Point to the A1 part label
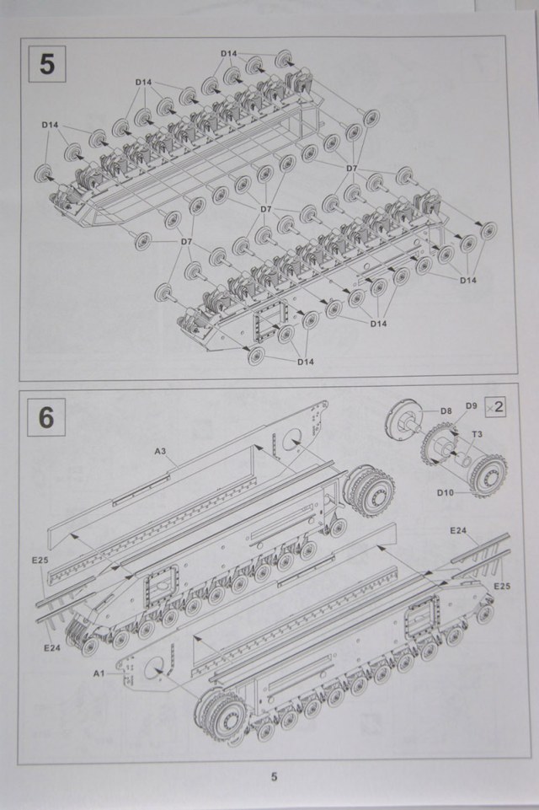(x=98, y=674)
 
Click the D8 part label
(x=446, y=411)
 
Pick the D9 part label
(x=471, y=406)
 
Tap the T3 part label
(x=476, y=435)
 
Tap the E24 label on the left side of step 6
(x=51, y=647)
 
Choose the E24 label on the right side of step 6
(x=458, y=531)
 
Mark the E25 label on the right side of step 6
(x=502, y=586)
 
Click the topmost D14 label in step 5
(x=230, y=54)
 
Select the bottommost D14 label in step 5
(x=306, y=362)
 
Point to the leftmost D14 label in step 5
(x=51, y=125)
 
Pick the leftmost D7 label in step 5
(x=187, y=242)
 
